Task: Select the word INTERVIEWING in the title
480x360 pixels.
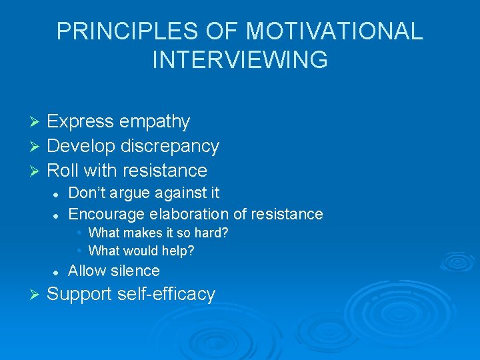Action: pyautogui.click(x=240, y=59)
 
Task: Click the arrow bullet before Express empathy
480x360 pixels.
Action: pyautogui.click(x=37, y=122)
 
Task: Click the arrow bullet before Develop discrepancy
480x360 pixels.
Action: pyautogui.click(x=37, y=146)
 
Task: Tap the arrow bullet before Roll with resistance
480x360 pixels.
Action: pyautogui.click(x=37, y=171)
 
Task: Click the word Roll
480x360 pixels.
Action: pyautogui.click(x=62, y=170)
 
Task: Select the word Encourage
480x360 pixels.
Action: pyautogui.click(x=107, y=214)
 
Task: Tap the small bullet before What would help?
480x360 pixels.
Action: pyautogui.click(x=79, y=251)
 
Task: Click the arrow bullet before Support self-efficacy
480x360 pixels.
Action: pyautogui.click(x=37, y=295)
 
